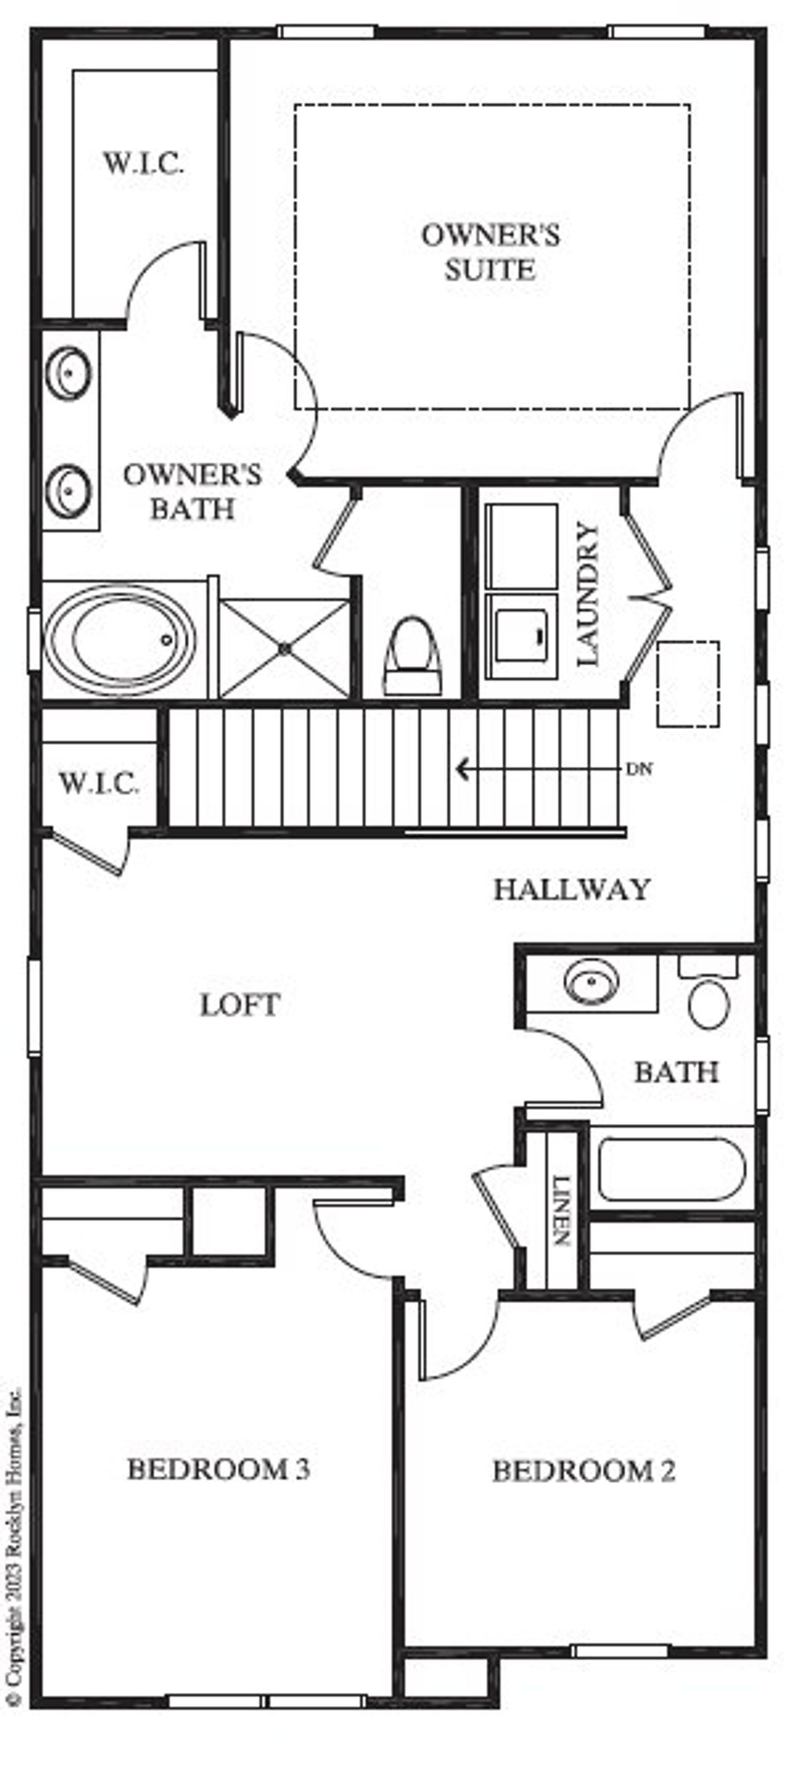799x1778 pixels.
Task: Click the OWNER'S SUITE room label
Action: pyautogui.click(x=490, y=252)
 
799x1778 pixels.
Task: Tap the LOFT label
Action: pyautogui.click(x=240, y=1005)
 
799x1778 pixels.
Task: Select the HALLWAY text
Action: pyautogui.click(x=572, y=889)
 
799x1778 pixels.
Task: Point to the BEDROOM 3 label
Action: pyautogui.click(x=218, y=1469)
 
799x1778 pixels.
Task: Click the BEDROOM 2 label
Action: pyautogui.click(x=583, y=1470)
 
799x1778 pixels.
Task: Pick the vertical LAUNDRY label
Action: pyautogui.click(x=588, y=594)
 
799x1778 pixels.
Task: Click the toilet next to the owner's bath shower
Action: pyautogui.click(x=412, y=654)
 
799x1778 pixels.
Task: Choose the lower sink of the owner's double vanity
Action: pyautogui.click(x=68, y=491)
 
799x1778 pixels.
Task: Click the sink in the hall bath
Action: pyautogui.click(x=591, y=982)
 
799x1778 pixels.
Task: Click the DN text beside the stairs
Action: pyautogui.click(x=639, y=769)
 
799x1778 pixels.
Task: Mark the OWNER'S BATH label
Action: pyautogui.click(x=192, y=491)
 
